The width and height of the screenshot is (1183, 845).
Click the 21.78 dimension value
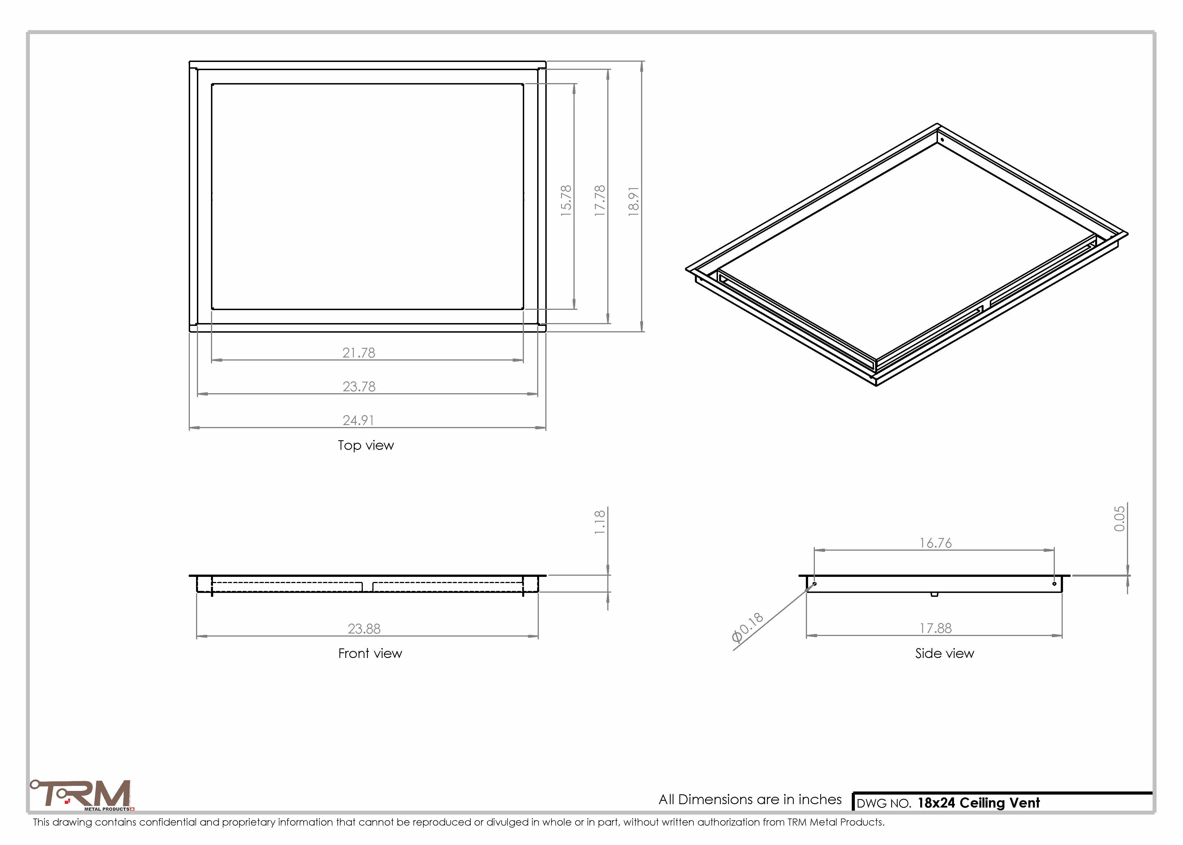pos(359,353)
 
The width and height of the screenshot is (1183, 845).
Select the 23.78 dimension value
pos(359,387)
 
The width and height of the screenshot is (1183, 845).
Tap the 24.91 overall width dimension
pos(359,421)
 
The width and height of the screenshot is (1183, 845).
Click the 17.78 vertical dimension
pos(600,201)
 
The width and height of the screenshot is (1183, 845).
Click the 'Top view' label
pos(366,445)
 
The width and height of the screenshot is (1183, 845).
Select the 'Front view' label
pos(370,653)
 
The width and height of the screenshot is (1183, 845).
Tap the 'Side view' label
pos(944,653)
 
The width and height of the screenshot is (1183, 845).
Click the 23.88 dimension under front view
pos(364,629)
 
